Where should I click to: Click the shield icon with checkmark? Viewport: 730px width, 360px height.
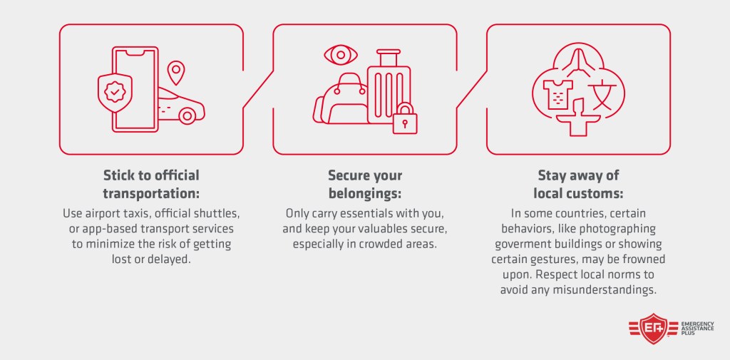coord(115,92)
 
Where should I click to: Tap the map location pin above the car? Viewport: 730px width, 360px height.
coord(176,73)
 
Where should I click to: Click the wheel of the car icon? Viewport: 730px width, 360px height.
coord(187,115)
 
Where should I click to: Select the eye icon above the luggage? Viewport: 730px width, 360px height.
coord(341,55)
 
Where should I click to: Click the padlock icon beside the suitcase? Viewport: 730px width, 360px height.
coord(405,118)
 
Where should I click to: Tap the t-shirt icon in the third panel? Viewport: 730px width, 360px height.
coord(557,93)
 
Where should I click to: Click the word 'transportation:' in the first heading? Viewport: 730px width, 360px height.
coord(151,192)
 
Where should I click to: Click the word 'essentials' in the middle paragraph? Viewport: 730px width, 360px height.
coord(371,215)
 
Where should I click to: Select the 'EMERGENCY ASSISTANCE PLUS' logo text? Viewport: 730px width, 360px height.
coord(697,329)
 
